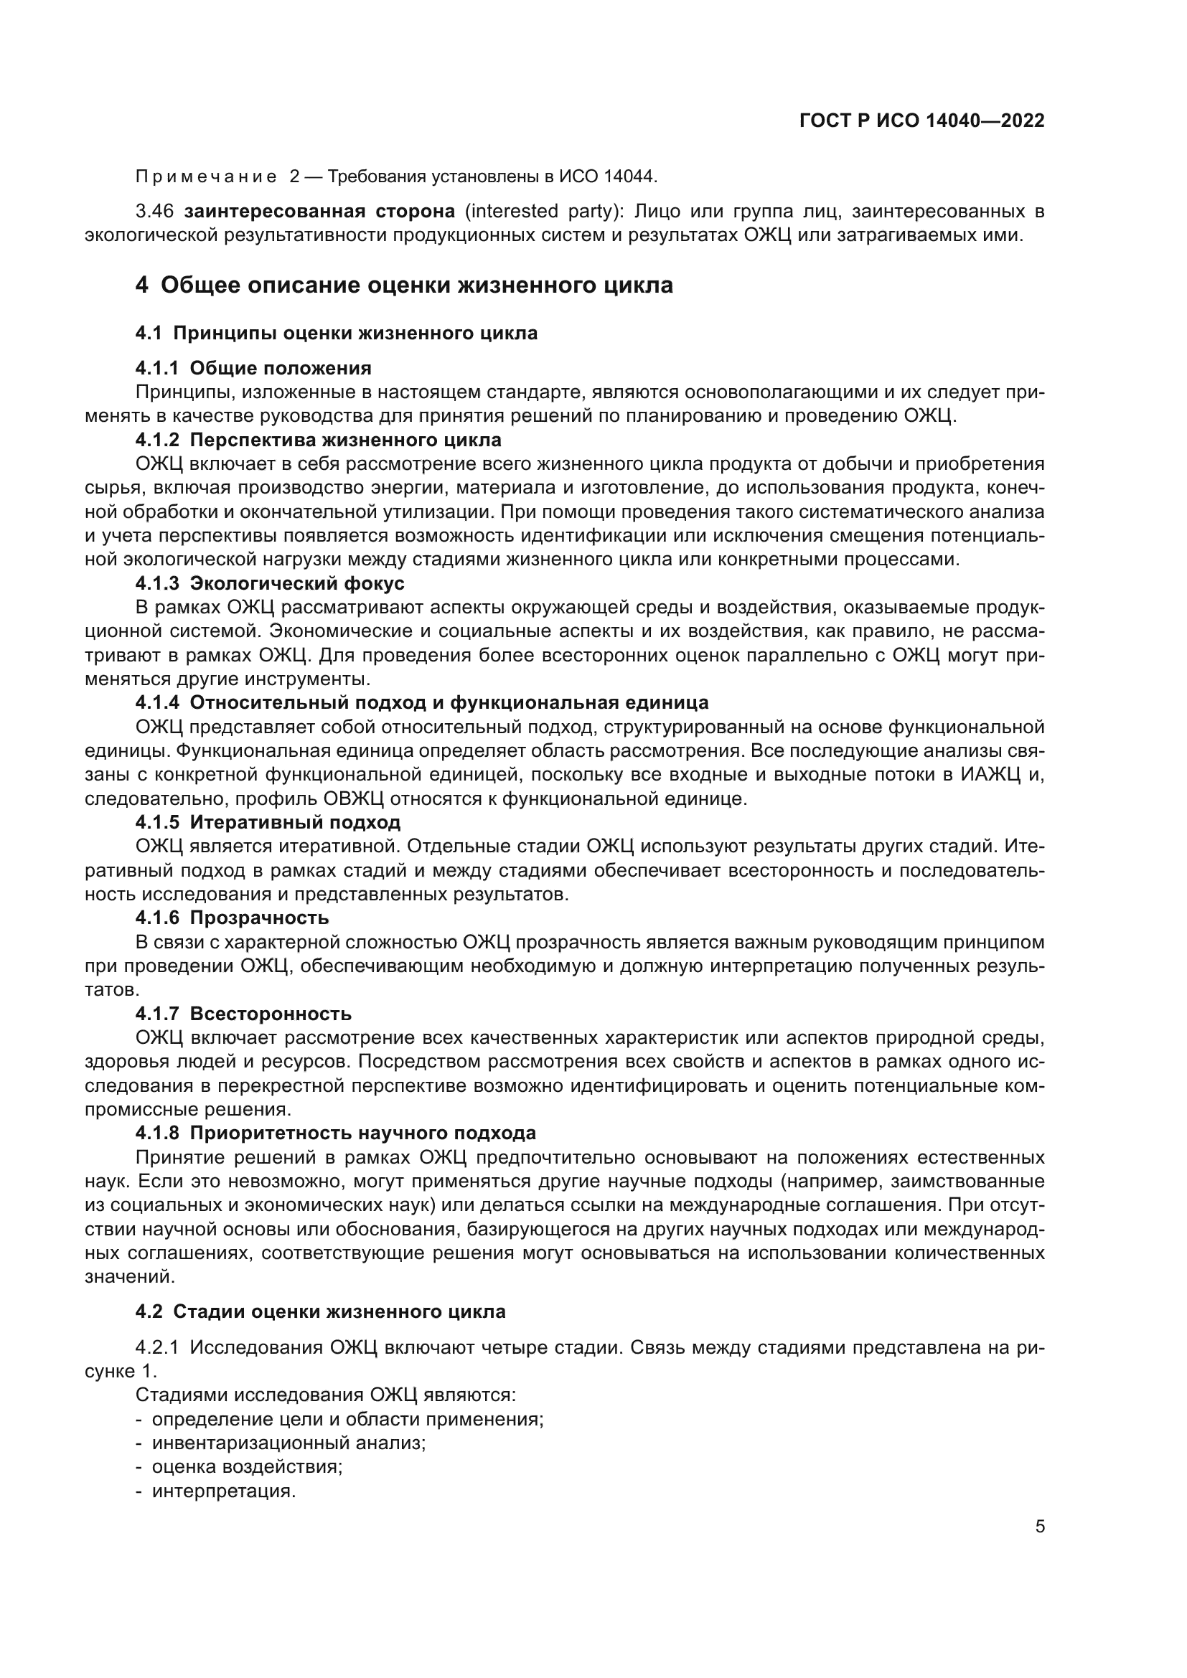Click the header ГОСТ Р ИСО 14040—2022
pos(921,121)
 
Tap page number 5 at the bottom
pos(1039,1527)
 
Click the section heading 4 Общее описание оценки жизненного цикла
pos(403,285)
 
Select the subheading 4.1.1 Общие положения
pos(253,367)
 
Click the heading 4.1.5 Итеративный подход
pos(268,822)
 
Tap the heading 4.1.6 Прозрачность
pos(232,918)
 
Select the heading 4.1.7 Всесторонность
pos(243,1014)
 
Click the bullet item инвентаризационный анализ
pos(288,1443)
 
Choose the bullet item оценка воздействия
pos(247,1467)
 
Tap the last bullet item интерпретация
pos(224,1491)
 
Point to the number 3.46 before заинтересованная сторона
pos(154,212)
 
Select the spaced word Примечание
pos(206,177)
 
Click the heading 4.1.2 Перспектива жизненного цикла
pos(318,440)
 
